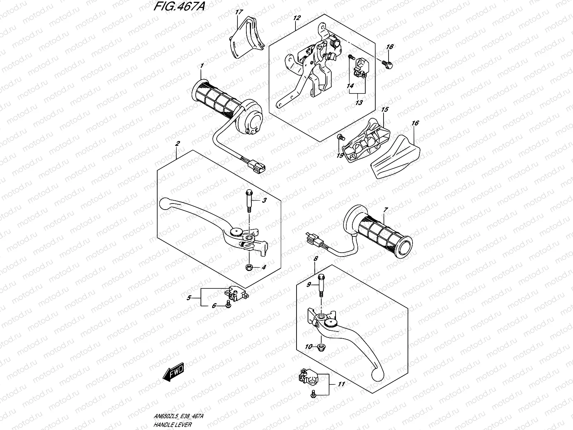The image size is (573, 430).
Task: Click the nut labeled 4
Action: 248,267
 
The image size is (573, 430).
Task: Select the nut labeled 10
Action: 321,347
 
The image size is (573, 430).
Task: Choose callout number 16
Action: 415,123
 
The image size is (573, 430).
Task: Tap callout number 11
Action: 341,384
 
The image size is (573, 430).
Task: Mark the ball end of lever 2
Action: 165,203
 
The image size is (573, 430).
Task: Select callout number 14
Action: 350,86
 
